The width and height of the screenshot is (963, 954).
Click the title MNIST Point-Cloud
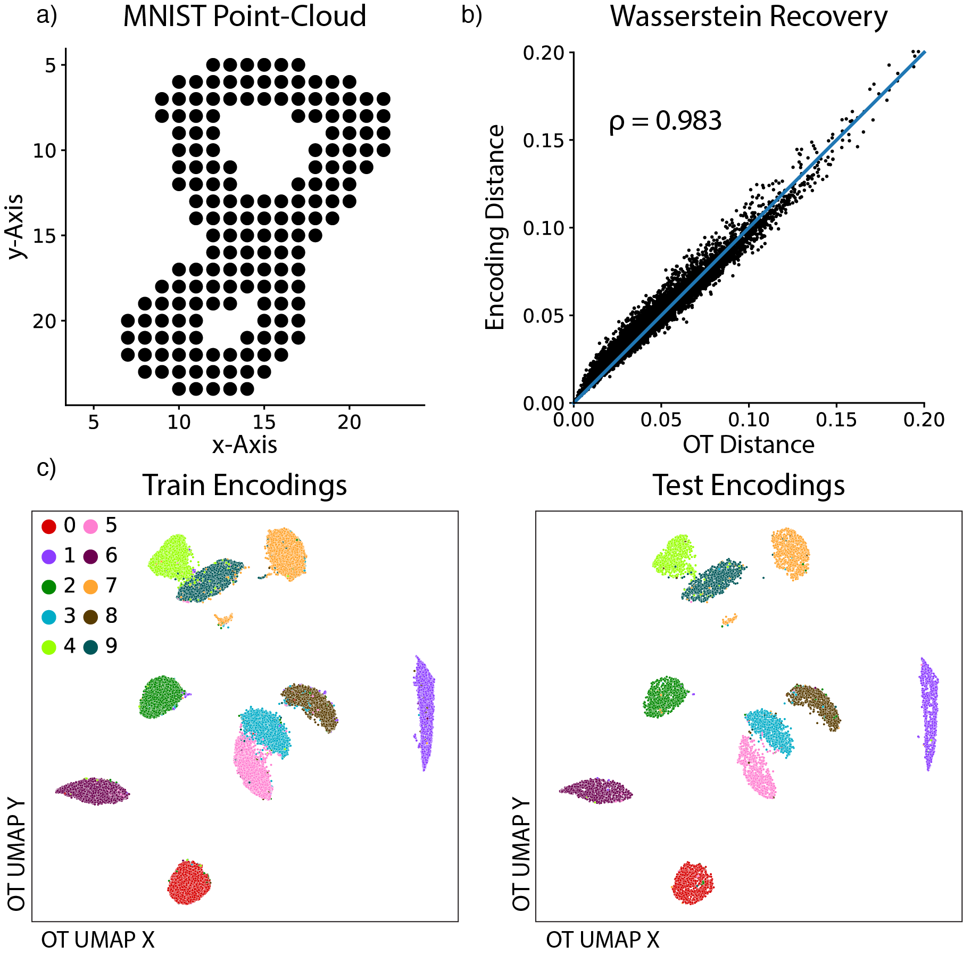coord(244,17)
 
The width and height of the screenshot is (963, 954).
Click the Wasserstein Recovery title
coord(749,17)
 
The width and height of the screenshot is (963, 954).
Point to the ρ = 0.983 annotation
coord(665,121)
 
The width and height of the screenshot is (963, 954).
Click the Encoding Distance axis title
coord(495,227)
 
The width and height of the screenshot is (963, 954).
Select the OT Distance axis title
coord(749,445)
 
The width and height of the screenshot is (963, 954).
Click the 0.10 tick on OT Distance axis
coord(749,420)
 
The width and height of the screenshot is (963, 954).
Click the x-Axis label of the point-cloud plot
coord(244,445)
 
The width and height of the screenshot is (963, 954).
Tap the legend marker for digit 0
coord(49,527)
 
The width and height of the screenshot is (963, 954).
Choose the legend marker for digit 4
coord(49,647)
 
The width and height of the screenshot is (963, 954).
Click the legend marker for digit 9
coord(91,647)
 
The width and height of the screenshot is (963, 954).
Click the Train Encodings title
coord(244,486)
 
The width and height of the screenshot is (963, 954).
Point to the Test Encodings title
coord(749,486)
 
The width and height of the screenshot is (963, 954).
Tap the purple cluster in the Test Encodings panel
coord(929,713)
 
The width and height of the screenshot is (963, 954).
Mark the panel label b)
coord(471,15)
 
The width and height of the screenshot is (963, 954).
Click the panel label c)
coord(46,468)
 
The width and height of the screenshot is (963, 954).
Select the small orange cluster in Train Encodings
coord(223,620)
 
